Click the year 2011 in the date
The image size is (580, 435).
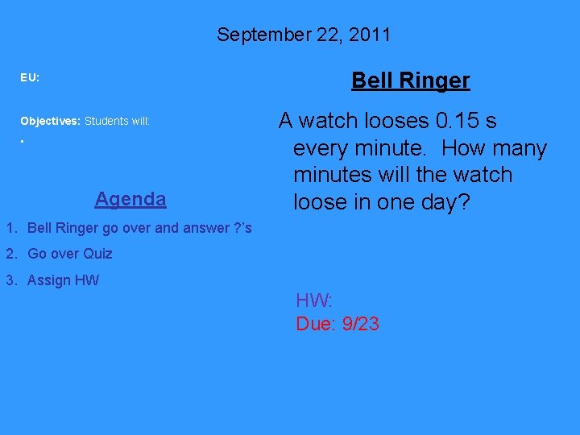pos(369,35)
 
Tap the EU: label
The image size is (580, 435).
pos(30,78)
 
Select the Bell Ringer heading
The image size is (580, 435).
pos(410,81)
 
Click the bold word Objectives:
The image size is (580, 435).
pos(50,121)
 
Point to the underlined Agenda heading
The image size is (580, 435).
pos(130,199)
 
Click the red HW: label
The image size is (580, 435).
pos(314,301)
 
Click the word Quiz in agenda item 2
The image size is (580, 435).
pos(97,254)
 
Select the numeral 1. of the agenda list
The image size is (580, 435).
pos(11,228)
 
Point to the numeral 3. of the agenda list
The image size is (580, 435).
pos(11,280)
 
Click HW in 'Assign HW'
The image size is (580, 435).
pos(87,280)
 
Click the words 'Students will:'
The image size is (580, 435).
pos(118,121)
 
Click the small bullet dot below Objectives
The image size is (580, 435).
pos(23,142)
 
